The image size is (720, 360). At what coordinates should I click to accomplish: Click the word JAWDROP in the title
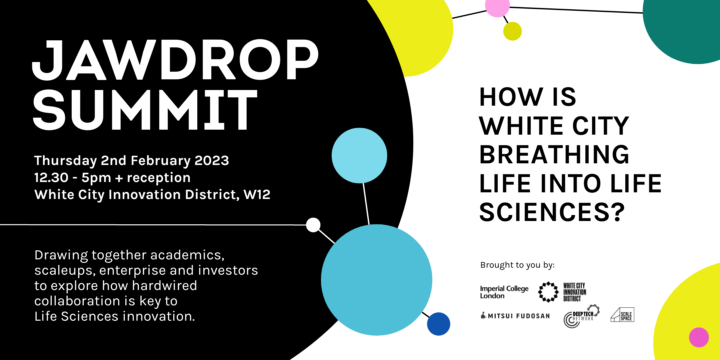coord(175,60)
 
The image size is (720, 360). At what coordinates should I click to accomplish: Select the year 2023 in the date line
coord(212,160)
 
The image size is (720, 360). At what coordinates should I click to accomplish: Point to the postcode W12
coord(257,194)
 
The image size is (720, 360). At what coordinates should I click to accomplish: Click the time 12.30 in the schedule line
coord(51,177)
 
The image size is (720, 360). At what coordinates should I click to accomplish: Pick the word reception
coord(159,178)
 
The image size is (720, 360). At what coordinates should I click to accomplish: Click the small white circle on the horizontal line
coord(313,225)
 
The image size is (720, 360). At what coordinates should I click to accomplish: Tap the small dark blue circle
coord(439,324)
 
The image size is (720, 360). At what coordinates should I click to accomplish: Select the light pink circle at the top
coord(497,6)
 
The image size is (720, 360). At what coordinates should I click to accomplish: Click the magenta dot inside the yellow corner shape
coord(699,337)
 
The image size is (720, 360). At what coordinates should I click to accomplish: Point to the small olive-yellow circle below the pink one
coord(512,31)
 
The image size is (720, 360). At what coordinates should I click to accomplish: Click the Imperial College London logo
coord(504,292)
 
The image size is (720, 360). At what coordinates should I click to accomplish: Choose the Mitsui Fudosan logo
coord(515,316)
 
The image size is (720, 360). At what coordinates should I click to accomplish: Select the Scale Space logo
coord(622,315)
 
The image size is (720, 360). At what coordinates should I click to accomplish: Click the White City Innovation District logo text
coord(575,292)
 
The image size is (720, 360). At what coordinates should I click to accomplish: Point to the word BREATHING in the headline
coord(554,155)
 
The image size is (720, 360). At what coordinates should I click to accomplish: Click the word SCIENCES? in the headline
coord(552,212)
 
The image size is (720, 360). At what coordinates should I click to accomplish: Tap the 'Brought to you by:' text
coord(517,265)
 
